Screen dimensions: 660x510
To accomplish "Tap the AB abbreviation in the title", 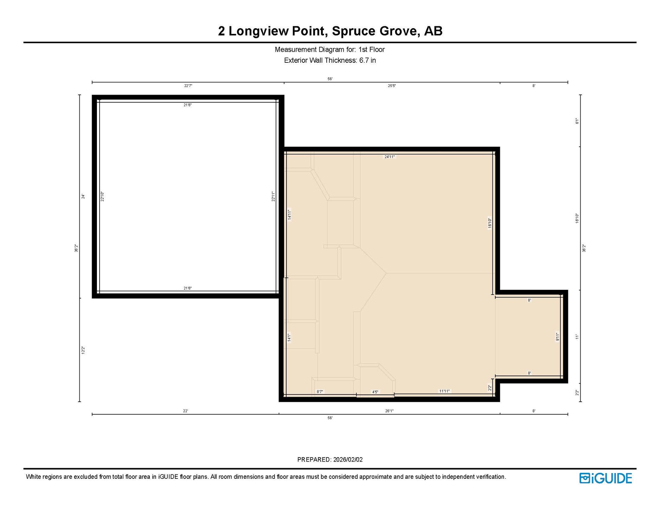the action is (x=433, y=31).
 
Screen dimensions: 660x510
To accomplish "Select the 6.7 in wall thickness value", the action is (x=368, y=60).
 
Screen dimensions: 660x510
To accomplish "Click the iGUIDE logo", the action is (x=606, y=478).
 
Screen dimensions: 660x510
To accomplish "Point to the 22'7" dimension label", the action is (x=188, y=86).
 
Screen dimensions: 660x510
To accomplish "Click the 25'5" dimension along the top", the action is (x=392, y=86).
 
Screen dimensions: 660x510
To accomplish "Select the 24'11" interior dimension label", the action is (x=389, y=157).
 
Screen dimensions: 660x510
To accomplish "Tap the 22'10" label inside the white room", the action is (x=103, y=196).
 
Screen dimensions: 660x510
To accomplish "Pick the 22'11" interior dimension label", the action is (x=273, y=196).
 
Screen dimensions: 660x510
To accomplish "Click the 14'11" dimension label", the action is (x=289, y=214).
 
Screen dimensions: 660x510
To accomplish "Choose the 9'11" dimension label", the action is (x=558, y=337).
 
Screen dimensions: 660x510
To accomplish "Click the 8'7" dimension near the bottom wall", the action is (x=320, y=392).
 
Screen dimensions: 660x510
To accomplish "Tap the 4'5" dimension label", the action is (x=375, y=392).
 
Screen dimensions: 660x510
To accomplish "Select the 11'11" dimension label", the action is (x=445, y=391).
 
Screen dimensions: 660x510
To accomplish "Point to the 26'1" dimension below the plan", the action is (x=389, y=411).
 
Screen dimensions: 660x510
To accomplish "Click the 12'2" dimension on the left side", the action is (x=83, y=350).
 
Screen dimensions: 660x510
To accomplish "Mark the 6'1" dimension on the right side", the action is (x=577, y=121).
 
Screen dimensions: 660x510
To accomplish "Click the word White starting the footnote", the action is (x=34, y=477).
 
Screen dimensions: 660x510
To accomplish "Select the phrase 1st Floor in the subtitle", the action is (x=371, y=50).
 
